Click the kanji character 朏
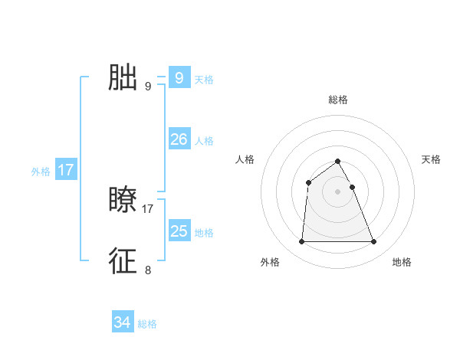123,77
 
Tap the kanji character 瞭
123,200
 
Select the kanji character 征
123,261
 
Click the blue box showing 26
179,139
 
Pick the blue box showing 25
179,231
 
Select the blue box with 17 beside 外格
66,169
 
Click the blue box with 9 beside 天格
179,77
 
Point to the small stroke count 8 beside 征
148,270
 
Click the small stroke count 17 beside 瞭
148,208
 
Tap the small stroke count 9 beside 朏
148,86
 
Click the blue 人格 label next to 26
204,141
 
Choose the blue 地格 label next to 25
204,233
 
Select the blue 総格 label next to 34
147,325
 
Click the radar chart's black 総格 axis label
338,100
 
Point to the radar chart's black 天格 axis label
432,159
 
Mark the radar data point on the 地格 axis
374,242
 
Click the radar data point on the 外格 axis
301,242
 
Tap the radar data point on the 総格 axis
338,161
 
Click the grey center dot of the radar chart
338,191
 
